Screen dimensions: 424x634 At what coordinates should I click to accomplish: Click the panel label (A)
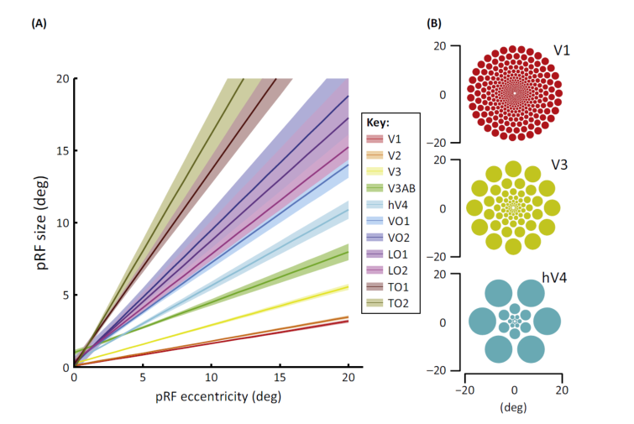tap(38, 24)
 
